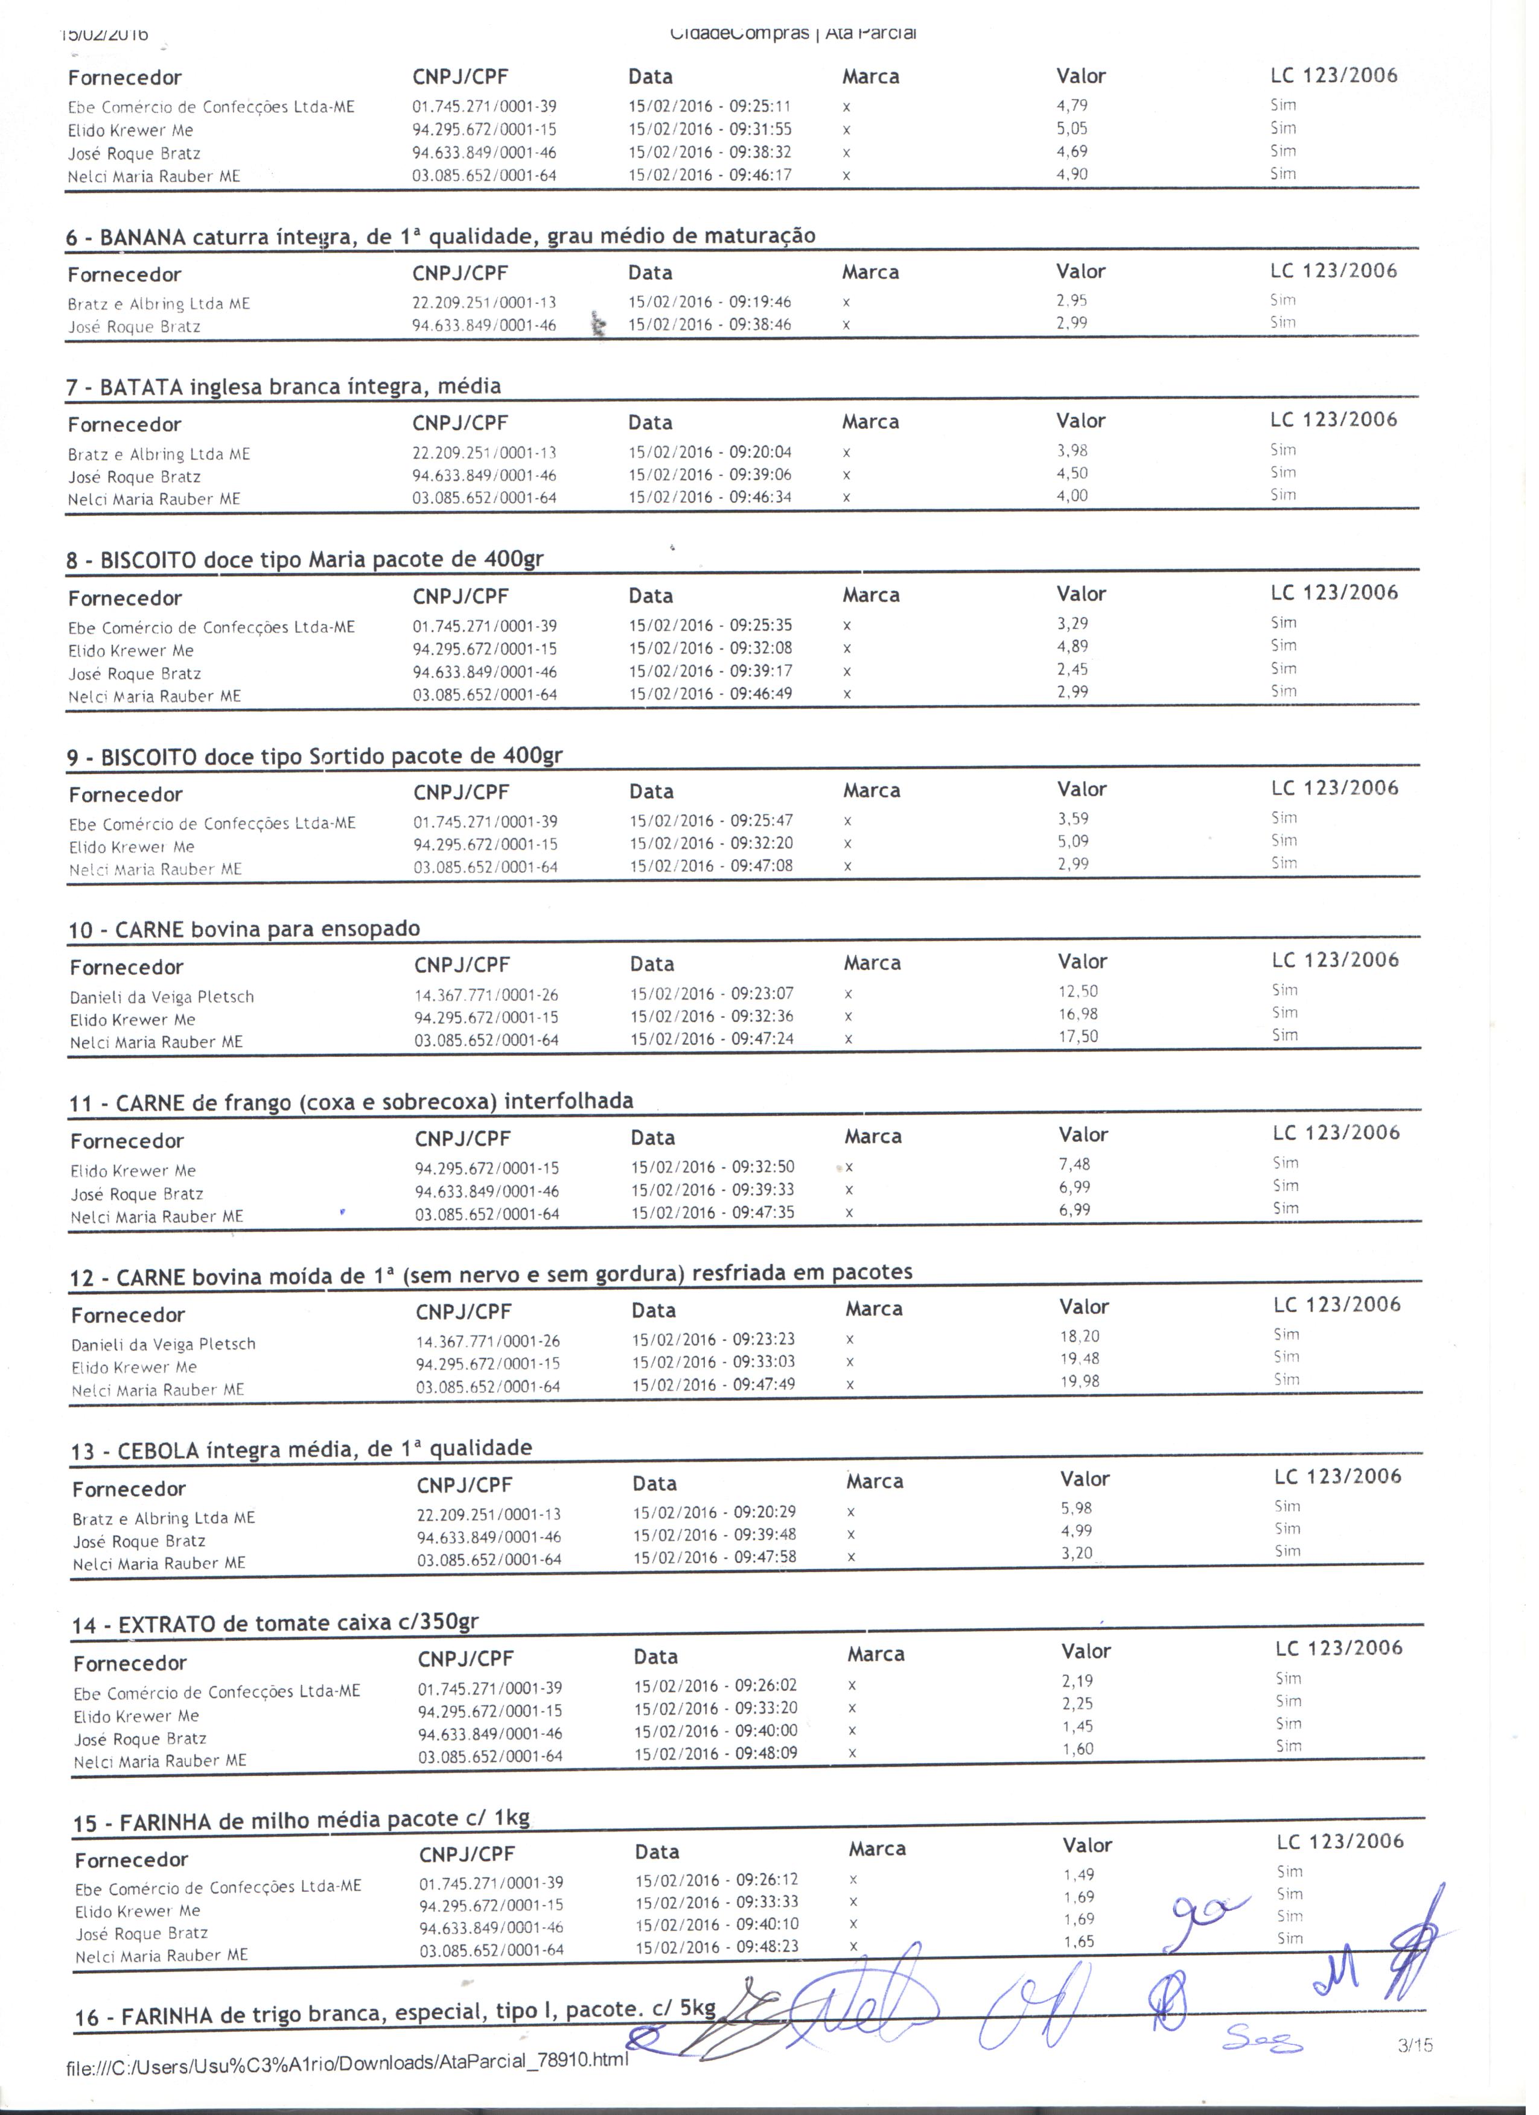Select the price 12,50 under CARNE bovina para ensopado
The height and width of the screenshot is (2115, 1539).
pos(1079,991)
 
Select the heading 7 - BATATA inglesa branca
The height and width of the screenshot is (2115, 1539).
pos(284,387)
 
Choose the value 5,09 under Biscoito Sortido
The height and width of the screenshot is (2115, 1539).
pos(1074,842)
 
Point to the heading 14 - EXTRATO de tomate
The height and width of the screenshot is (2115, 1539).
pos(275,1623)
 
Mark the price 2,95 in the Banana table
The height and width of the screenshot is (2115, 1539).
pos(1072,301)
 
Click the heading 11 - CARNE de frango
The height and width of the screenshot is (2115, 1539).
pos(351,1102)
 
